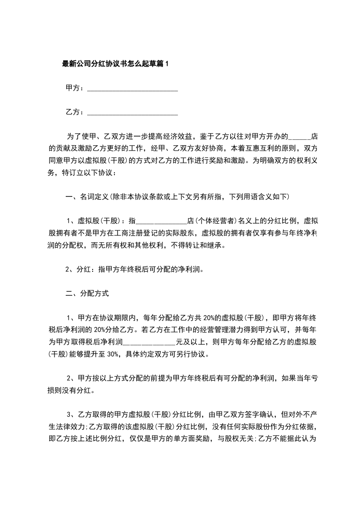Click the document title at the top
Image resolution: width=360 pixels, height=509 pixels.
point(115,64)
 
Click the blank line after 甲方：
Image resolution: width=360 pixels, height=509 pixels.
point(132,89)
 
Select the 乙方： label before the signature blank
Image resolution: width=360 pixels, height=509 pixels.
point(75,112)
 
